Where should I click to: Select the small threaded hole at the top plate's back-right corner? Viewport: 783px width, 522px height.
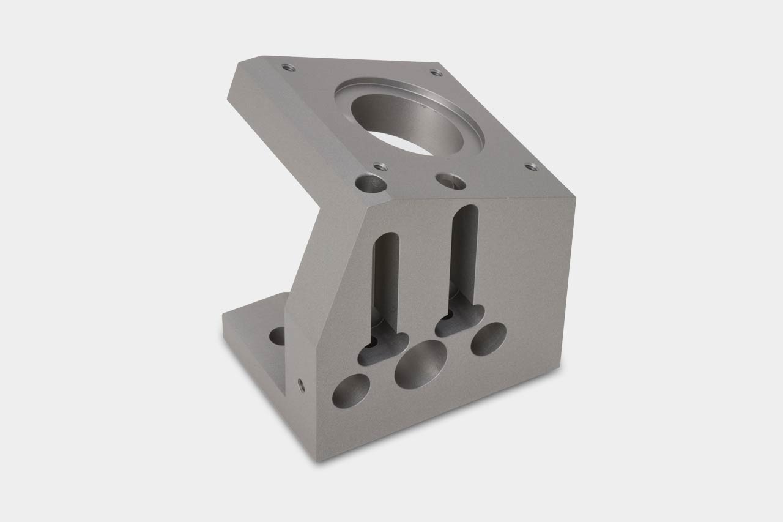pyautogui.click(x=436, y=72)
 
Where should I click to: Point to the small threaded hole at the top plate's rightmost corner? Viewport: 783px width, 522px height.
pyautogui.click(x=531, y=166)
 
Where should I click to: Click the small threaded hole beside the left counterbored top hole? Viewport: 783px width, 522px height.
pyautogui.click(x=379, y=166)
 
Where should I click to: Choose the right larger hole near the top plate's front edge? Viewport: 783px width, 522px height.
pyautogui.click(x=449, y=181)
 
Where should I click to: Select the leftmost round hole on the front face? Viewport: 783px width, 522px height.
pyautogui.click(x=351, y=392)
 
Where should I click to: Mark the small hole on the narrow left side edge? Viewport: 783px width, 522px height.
pyautogui.click(x=300, y=384)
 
